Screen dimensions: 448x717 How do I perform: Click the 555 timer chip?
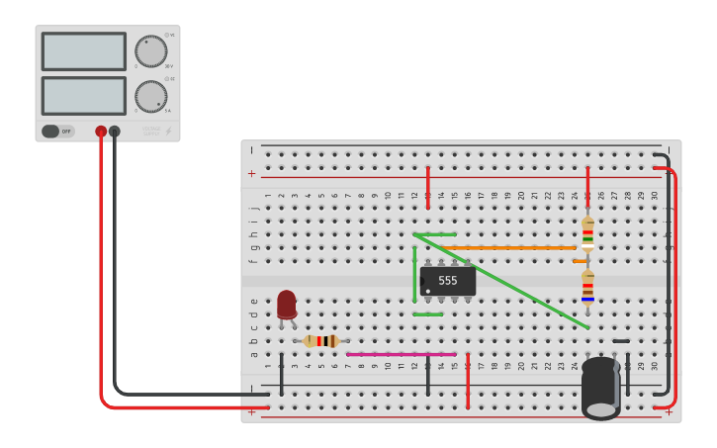(x=448, y=281)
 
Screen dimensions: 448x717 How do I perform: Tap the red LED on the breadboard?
(x=287, y=305)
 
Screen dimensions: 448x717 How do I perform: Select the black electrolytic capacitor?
(x=600, y=388)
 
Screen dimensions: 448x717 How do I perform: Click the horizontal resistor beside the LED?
(x=321, y=341)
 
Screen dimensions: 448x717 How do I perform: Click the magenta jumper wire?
(x=401, y=354)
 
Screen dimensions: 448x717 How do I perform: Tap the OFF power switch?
(x=57, y=131)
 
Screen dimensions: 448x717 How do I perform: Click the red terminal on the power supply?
(x=101, y=131)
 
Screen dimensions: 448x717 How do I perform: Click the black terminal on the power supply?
(x=115, y=131)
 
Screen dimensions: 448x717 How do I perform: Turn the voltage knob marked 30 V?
(x=150, y=51)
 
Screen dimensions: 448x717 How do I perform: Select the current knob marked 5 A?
(x=150, y=96)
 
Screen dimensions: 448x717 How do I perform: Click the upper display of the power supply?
(x=83, y=51)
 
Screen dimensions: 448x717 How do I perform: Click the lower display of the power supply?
(x=83, y=96)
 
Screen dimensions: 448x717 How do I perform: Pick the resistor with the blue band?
(x=587, y=287)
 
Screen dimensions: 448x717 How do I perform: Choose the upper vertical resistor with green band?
(x=587, y=234)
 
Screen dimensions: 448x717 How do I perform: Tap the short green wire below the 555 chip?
(x=428, y=314)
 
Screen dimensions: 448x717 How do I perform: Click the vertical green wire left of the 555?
(x=414, y=274)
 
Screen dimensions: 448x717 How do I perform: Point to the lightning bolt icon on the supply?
(x=168, y=131)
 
